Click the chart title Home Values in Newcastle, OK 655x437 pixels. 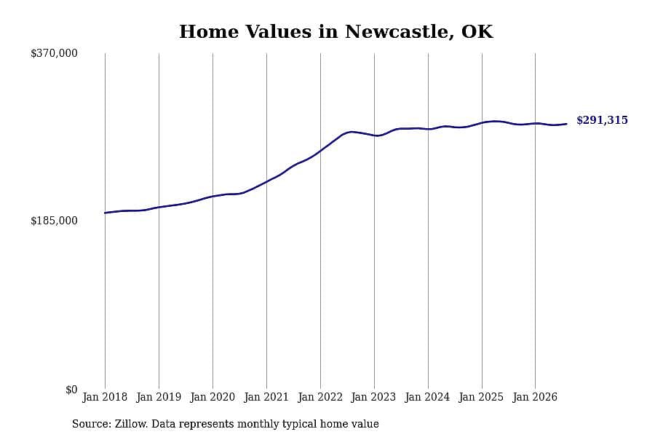[336, 32]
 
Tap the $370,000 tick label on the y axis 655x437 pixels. [54, 53]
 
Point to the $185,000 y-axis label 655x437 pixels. [54, 221]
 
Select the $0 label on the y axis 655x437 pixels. [71, 390]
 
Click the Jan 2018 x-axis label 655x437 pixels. [105, 397]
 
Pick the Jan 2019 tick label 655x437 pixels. [159, 397]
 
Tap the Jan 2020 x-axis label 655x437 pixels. [213, 397]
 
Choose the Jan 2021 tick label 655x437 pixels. [266, 397]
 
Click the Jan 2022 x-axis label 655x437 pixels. [320, 397]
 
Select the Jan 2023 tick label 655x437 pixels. [374, 397]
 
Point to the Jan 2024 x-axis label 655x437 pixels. [428, 397]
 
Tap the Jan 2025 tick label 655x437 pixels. [482, 397]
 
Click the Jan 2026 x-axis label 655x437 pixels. [535, 397]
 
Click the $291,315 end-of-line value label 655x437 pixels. [602, 120]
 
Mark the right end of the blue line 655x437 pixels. [566, 124]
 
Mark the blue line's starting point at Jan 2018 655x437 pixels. [105, 213]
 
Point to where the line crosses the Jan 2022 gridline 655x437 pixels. [320, 151]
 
